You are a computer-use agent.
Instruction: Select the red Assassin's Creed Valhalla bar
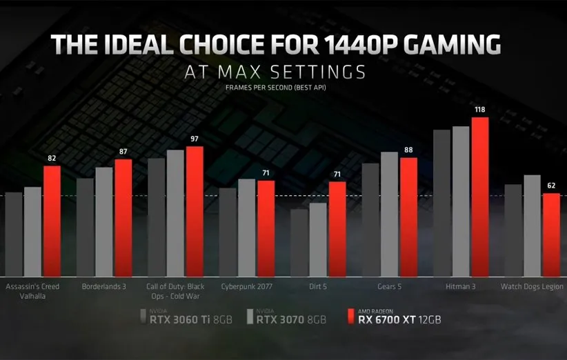pyautogui.click(x=52, y=221)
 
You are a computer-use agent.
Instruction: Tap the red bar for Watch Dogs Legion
pyautogui.click(x=551, y=234)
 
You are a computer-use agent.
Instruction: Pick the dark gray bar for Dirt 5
pyautogui.click(x=299, y=241)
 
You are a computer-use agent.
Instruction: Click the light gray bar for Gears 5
pyautogui.click(x=390, y=214)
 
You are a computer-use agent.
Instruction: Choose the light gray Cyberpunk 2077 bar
pyautogui.click(x=246, y=228)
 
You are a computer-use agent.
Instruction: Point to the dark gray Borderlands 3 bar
pyautogui.click(x=85, y=228)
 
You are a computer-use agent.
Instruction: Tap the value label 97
pyautogui.click(x=195, y=139)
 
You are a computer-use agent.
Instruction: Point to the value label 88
pyautogui.click(x=409, y=150)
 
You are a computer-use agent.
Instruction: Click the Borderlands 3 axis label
pyautogui.click(x=104, y=286)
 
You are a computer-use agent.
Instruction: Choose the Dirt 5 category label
pyautogui.click(x=319, y=286)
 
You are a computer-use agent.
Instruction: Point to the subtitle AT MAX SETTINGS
pyautogui.click(x=275, y=71)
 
